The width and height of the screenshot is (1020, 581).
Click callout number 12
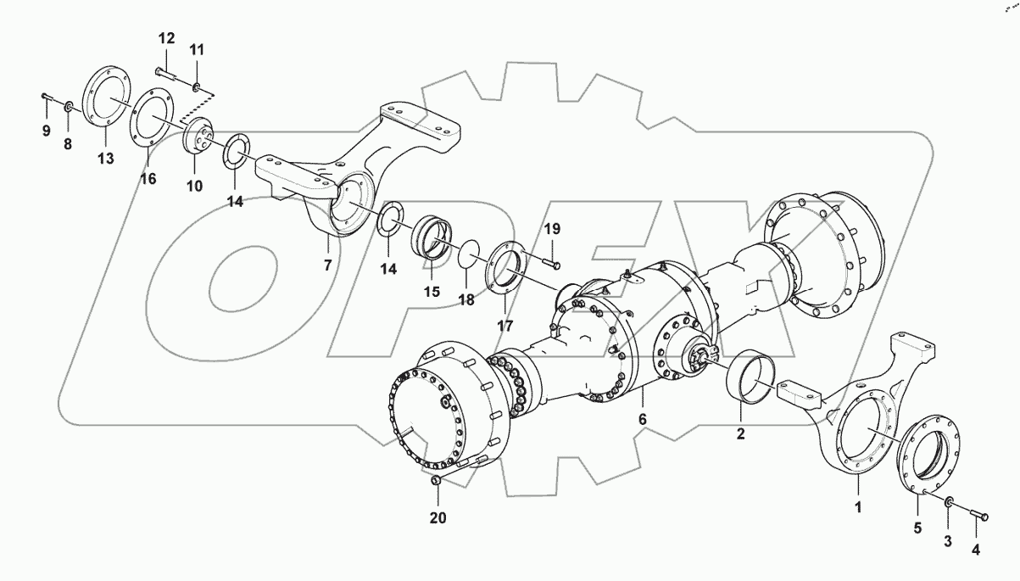click(x=165, y=38)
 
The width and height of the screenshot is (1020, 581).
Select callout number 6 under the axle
click(x=642, y=420)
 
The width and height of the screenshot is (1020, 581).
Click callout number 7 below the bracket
click(x=327, y=265)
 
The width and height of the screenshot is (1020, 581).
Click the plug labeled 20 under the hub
click(x=436, y=482)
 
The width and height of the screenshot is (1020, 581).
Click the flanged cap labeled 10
click(x=196, y=137)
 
